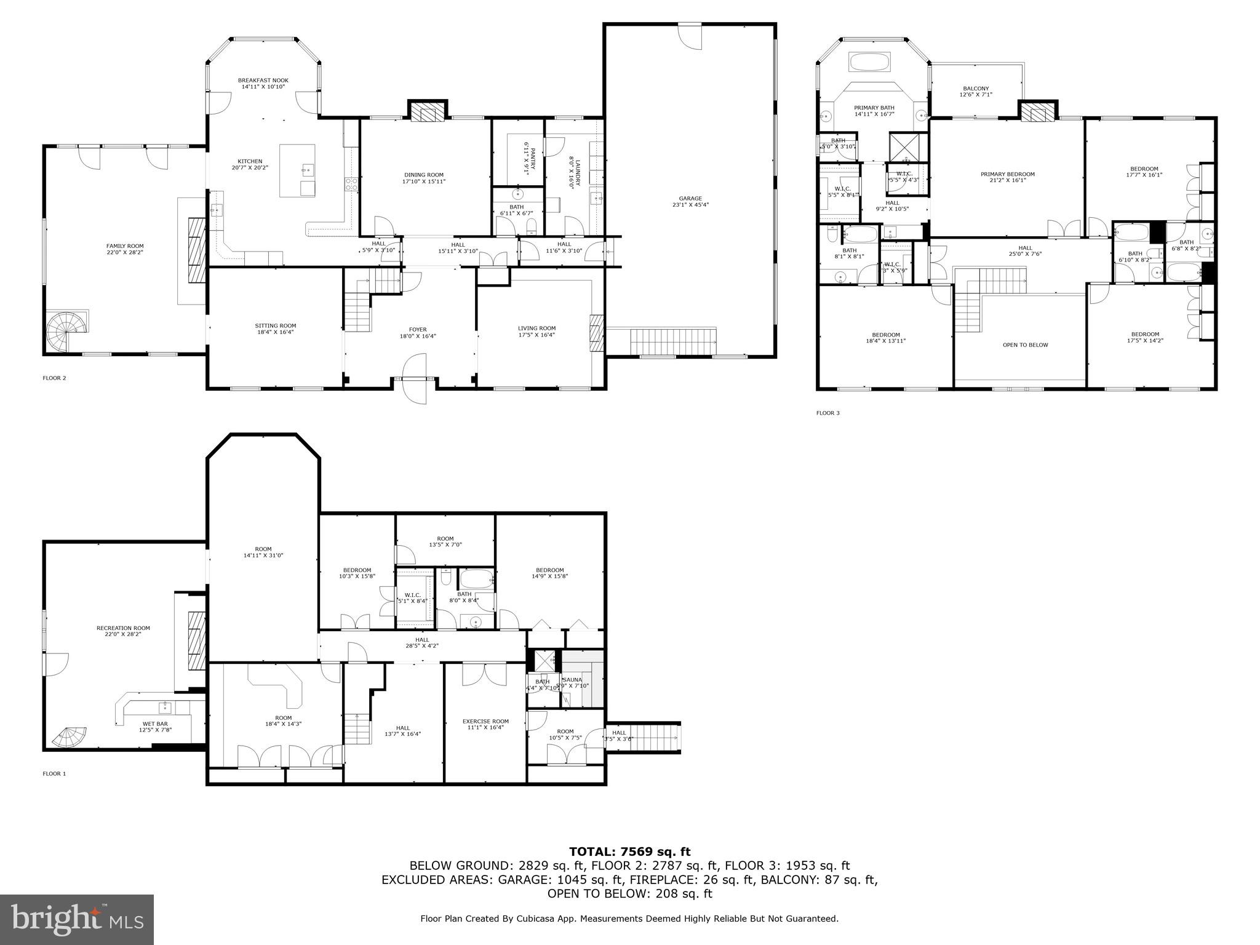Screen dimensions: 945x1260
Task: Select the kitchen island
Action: (x=297, y=170)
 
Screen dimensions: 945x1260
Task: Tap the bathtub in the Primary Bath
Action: (x=869, y=62)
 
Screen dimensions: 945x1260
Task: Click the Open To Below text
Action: (x=1025, y=345)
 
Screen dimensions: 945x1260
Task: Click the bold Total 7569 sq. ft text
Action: (x=629, y=851)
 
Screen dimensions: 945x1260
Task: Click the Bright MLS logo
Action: (x=76, y=919)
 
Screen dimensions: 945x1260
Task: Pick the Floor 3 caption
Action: (x=827, y=413)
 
